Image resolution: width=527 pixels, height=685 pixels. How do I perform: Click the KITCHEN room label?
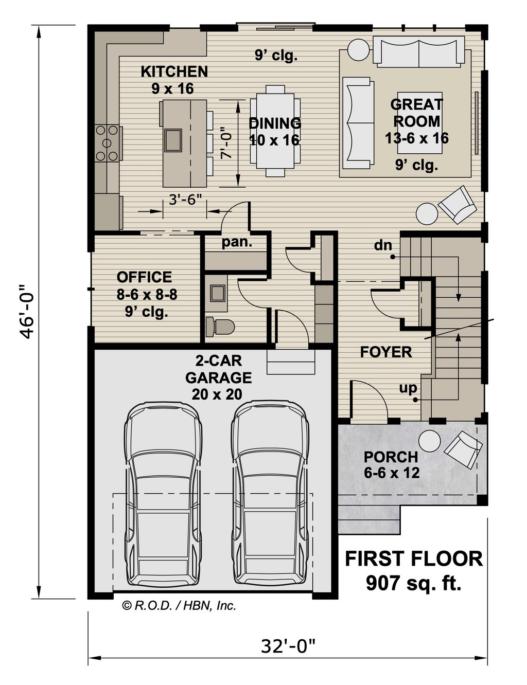click(174, 71)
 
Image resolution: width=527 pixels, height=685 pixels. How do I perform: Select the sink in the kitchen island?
click(173, 140)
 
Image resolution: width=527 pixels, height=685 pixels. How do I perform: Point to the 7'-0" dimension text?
click(226, 143)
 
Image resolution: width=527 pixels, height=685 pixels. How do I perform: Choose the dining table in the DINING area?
click(275, 131)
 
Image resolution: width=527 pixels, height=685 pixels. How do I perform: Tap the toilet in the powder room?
click(220, 327)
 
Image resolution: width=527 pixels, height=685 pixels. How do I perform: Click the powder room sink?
click(218, 293)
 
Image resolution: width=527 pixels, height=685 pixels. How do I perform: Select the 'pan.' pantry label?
click(237, 242)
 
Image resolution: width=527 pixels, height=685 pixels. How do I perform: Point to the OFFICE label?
click(144, 277)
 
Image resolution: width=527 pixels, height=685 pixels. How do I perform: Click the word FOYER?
click(386, 352)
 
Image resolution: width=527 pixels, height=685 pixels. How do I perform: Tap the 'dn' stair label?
click(383, 245)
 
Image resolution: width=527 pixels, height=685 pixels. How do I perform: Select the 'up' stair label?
click(408, 389)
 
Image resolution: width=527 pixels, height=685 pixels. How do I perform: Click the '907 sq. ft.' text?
click(413, 583)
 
